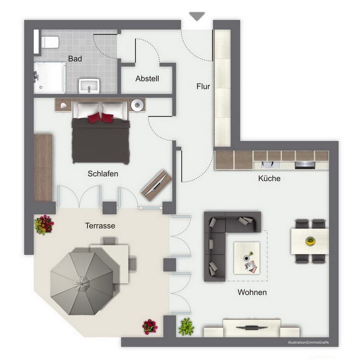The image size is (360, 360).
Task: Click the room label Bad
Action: tap(75, 59)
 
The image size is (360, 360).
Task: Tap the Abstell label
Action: tap(147, 79)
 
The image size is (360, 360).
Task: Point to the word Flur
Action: tap(203, 87)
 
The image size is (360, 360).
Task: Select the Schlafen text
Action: tap(103, 174)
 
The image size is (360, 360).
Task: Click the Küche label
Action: tap(269, 178)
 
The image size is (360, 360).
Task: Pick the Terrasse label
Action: tap(100, 226)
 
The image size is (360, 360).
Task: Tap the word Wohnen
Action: tap(252, 292)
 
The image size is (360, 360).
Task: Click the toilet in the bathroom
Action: tap(49, 42)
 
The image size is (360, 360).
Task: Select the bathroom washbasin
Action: tap(89, 86)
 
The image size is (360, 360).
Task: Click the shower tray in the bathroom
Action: tap(50, 78)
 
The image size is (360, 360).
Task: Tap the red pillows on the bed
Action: tap(100, 118)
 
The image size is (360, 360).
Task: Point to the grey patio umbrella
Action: tap(82, 282)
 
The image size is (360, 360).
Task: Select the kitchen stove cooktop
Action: tap(305, 164)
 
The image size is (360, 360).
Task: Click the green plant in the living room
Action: tap(186, 327)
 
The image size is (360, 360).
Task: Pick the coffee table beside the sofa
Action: tap(246, 257)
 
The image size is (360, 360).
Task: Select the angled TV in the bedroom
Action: tap(157, 185)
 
